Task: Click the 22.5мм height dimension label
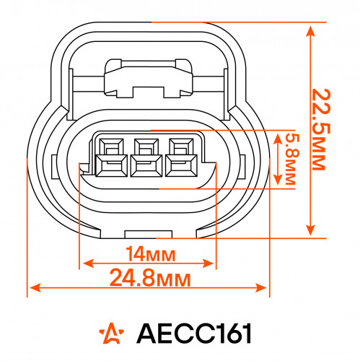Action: pyautogui.click(x=321, y=129)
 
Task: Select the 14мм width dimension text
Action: pyautogui.click(x=151, y=254)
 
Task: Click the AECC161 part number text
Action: pyautogui.click(x=194, y=334)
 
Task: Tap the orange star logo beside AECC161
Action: pyautogui.click(x=111, y=333)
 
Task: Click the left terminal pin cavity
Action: pyautogui.click(x=111, y=157)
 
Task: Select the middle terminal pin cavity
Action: pyautogui.click(x=146, y=157)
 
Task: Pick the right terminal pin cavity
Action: pyautogui.click(x=181, y=157)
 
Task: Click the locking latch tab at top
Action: pyautogui.click(x=148, y=79)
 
